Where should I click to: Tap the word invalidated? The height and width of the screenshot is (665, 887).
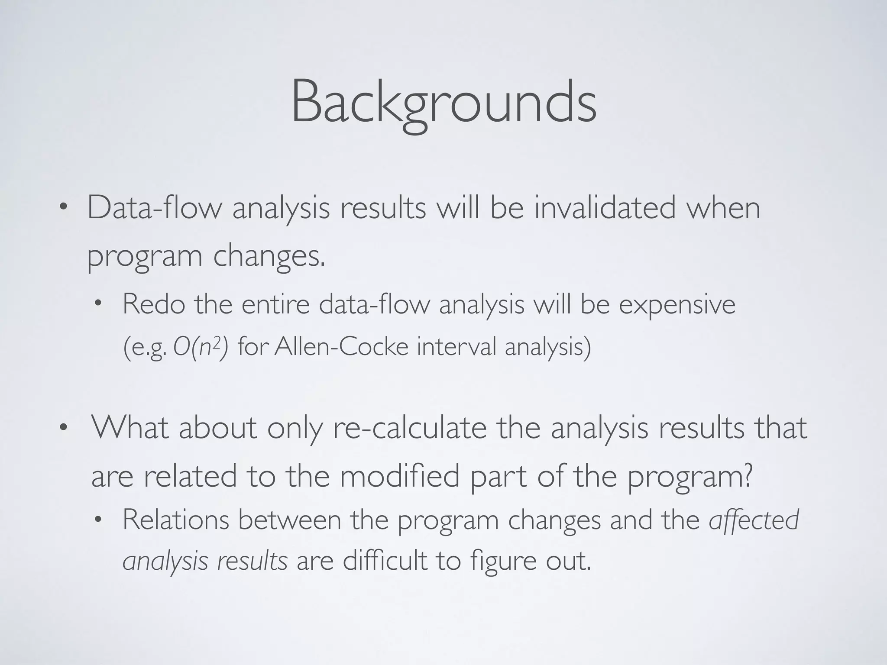coord(605,208)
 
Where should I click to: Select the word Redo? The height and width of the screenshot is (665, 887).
coord(154,304)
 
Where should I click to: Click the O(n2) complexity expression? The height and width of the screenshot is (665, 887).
coord(200,347)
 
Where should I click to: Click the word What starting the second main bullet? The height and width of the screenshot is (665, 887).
coord(130,428)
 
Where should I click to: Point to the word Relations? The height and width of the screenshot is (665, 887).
coord(175,520)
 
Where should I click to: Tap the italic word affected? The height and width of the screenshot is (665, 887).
coord(754,520)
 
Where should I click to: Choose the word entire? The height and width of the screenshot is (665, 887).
coord(275,304)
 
